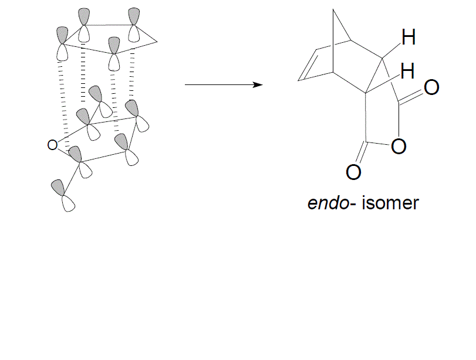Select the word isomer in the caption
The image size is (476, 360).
tap(390, 203)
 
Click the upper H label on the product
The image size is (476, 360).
tap(409, 38)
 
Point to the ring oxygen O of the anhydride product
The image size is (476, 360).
tap(399, 147)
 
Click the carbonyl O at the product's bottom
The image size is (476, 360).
tap(353, 172)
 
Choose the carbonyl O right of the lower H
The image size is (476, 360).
tap(431, 88)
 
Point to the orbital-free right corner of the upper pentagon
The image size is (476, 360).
tap(157, 42)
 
